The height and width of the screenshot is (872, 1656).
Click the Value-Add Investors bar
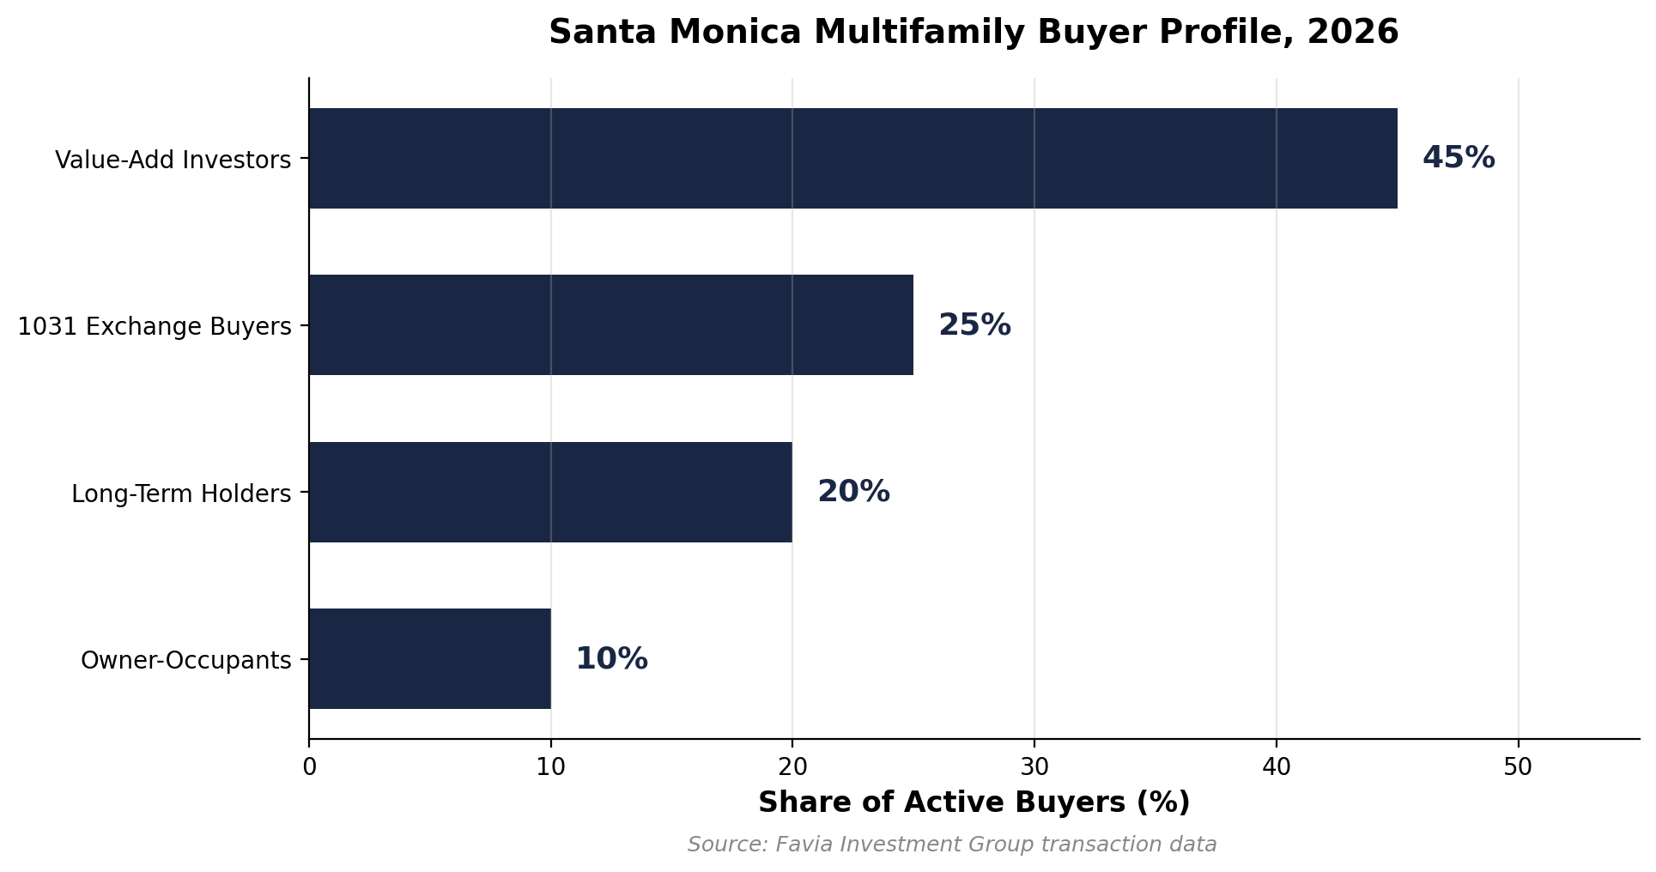852,158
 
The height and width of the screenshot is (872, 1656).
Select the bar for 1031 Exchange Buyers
610,324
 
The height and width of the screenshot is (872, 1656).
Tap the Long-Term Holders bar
550,492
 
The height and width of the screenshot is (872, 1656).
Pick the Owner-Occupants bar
429,658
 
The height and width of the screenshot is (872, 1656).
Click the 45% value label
1458,158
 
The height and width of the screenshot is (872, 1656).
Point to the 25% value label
974,325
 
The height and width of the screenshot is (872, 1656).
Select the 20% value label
853,492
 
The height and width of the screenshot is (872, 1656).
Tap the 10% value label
611,659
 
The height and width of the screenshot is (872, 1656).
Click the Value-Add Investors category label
173,160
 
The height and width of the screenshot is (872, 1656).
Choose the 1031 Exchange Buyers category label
155,327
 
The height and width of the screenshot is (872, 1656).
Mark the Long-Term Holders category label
181,494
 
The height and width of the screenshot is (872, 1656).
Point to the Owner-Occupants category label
185,661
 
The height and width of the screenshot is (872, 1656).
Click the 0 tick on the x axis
309,766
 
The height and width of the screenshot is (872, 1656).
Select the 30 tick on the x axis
1034,766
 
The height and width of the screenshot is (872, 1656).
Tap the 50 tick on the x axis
1518,766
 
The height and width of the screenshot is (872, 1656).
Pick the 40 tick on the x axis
1277,766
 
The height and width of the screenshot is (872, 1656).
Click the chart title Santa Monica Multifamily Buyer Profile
974,33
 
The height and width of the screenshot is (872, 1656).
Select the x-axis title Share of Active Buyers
974,802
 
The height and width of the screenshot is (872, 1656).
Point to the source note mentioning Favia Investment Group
952,845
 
